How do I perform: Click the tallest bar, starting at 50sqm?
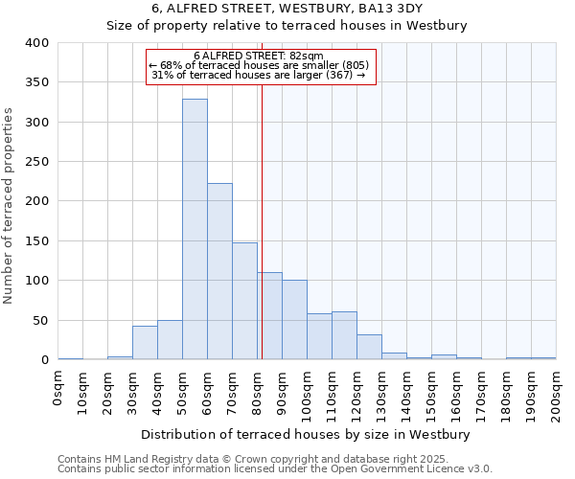pos(195,230)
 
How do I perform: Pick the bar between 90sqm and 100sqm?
pos(294,320)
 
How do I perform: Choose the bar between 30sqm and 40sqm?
pos(145,343)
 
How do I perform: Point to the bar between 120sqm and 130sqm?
pos(369,347)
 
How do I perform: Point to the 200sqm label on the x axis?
pos(557,396)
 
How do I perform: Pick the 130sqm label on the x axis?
pos(382,396)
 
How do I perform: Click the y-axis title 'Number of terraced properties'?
pos(10,205)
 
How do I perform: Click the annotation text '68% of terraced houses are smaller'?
pos(264,64)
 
